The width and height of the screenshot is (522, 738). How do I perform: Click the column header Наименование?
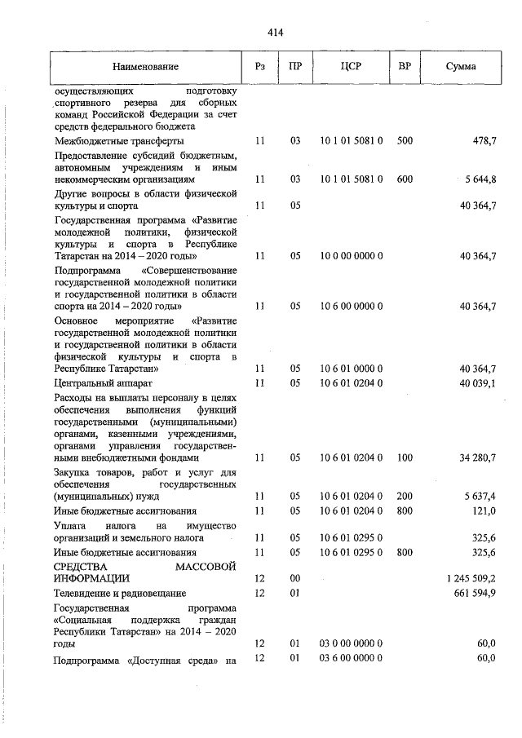click(145, 66)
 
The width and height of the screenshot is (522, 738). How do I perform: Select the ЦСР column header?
click(351, 66)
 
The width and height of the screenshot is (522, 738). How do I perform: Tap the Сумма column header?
click(461, 66)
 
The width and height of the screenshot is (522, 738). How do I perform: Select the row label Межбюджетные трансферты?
click(119, 141)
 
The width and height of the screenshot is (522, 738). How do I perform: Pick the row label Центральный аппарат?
click(104, 382)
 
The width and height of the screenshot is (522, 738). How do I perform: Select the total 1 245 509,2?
click(471, 577)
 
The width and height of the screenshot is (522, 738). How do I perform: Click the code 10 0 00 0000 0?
click(351, 255)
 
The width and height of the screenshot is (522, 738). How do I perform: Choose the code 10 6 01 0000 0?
click(351, 369)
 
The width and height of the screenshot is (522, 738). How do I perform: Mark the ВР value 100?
click(405, 458)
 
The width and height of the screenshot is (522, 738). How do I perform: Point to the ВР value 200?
click(405, 496)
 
